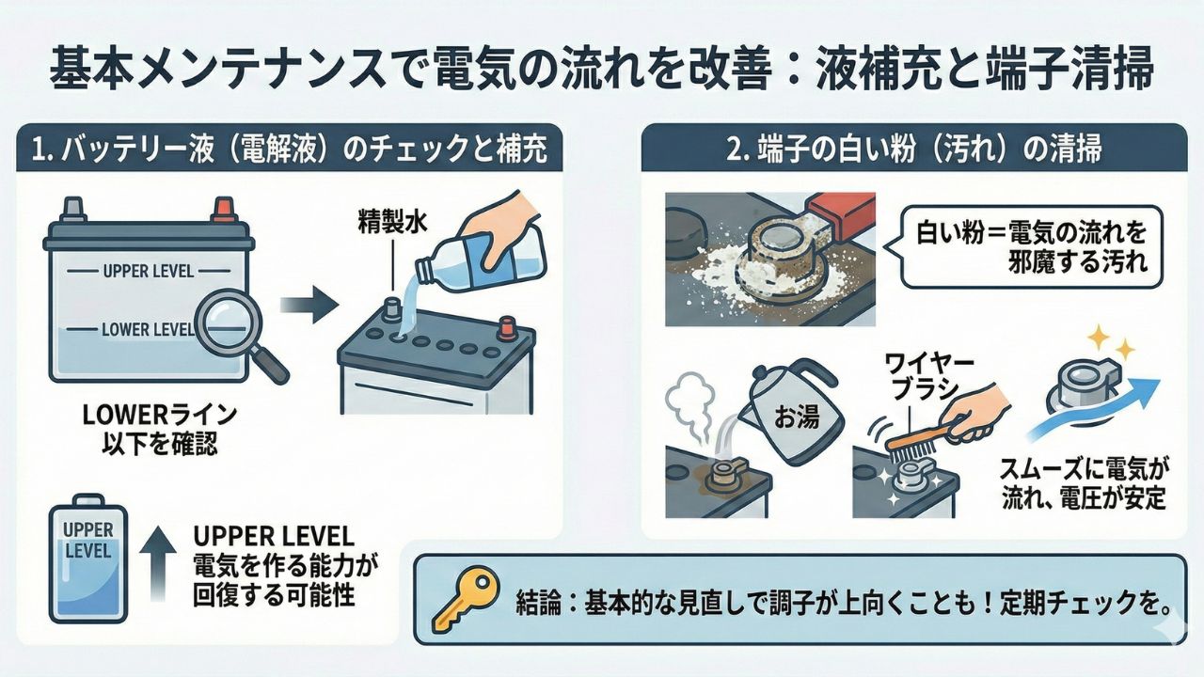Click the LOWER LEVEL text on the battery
(145, 329)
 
